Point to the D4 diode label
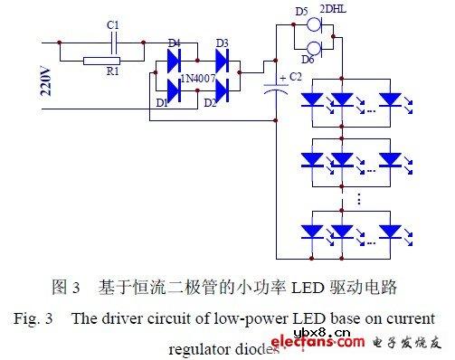(175, 43)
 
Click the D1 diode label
(163, 101)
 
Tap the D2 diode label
(211, 102)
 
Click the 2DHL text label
(333, 11)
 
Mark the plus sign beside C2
(283, 76)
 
